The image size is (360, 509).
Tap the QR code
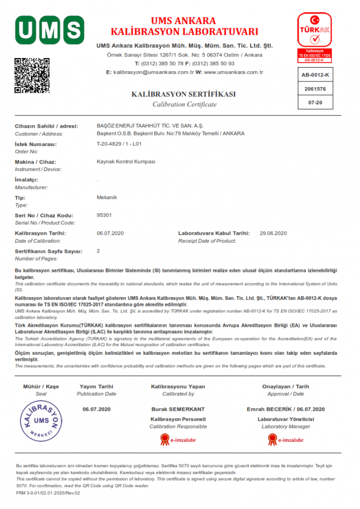point(32,75)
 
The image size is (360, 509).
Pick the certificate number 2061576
point(315,89)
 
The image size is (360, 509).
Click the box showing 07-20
point(315,102)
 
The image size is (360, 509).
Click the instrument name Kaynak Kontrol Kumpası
point(126,162)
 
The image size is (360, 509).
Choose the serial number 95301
point(104,215)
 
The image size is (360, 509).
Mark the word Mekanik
point(107,197)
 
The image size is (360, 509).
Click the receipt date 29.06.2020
point(273,233)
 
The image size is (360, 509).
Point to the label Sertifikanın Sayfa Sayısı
point(48,251)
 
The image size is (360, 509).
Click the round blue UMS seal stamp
point(41,420)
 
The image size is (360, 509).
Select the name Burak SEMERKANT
point(178,409)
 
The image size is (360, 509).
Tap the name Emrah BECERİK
point(268,409)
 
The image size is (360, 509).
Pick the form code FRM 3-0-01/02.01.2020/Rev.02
point(48,493)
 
